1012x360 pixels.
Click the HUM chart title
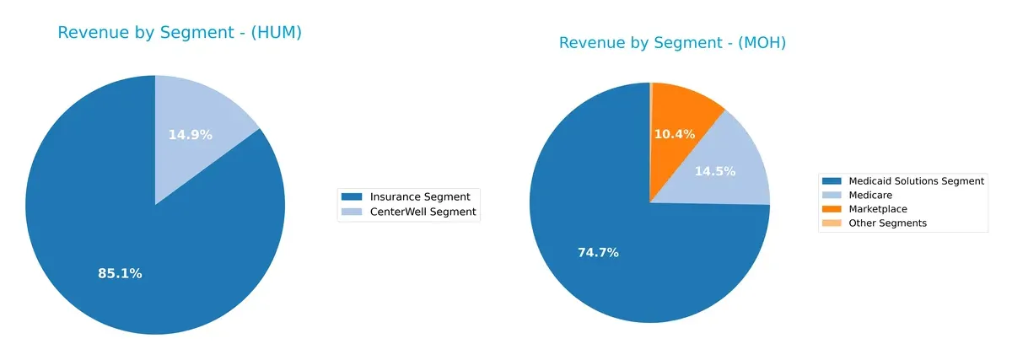(x=179, y=33)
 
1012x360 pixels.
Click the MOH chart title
(x=672, y=43)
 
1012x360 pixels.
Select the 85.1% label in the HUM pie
(x=120, y=273)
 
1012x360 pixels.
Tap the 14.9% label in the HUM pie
(x=190, y=134)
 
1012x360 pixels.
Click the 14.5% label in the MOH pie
(x=714, y=171)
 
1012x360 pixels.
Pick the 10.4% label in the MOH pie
(x=675, y=134)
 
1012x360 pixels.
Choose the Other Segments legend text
(x=888, y=223)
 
